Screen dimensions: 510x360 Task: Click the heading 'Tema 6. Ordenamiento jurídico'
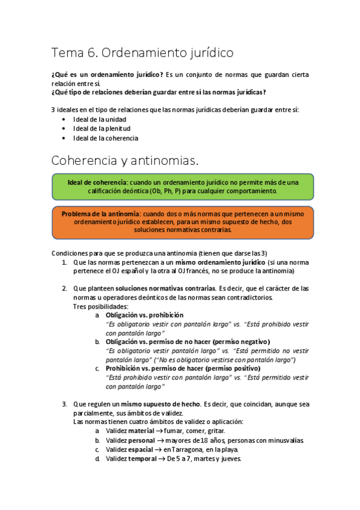point(142,53)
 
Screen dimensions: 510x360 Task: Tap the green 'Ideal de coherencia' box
point(182,186)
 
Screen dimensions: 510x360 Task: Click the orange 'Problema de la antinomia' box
point(182,221)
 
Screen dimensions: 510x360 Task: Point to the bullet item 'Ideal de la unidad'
point(99,118)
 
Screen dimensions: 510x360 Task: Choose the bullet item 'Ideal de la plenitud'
point(102,128)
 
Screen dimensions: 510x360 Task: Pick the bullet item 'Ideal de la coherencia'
point(105,138)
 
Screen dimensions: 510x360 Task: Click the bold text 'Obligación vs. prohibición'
point(144,315)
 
